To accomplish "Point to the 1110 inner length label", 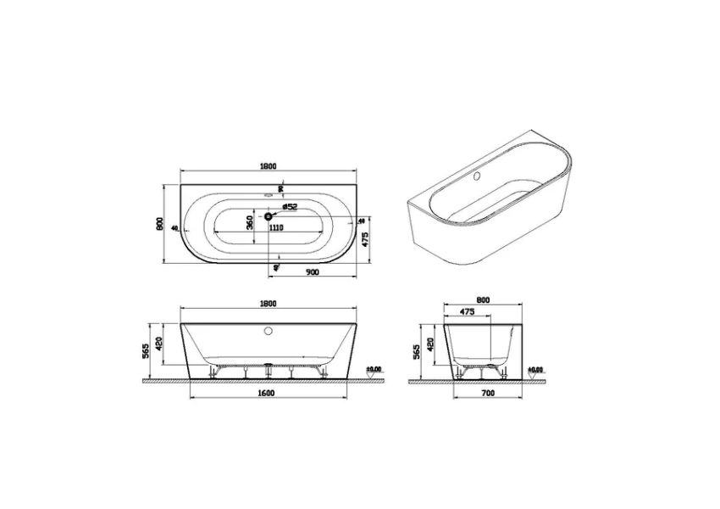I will click(x=275, y=228).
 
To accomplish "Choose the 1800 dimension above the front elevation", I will click(x=269, y=303).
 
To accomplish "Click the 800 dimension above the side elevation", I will click(x=484, y=299).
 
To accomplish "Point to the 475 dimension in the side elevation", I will click(x=466, y=311).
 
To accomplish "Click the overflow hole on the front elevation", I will click(x=269, y=331).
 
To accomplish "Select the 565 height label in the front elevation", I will click(x=147, y=349).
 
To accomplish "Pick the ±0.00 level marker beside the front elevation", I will click(x=374, y=370).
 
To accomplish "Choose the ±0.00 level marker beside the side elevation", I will click(x=534, y=370).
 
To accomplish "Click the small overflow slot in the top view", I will click(x=269, y=194).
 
